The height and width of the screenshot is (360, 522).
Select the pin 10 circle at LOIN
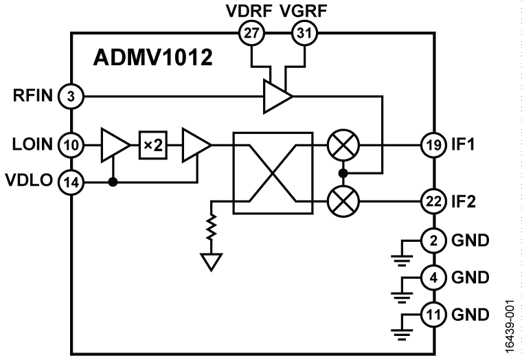[x=71, y=145]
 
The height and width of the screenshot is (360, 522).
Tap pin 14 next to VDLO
[x=71, y=182]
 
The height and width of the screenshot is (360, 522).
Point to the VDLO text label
[x=29, y=182]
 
